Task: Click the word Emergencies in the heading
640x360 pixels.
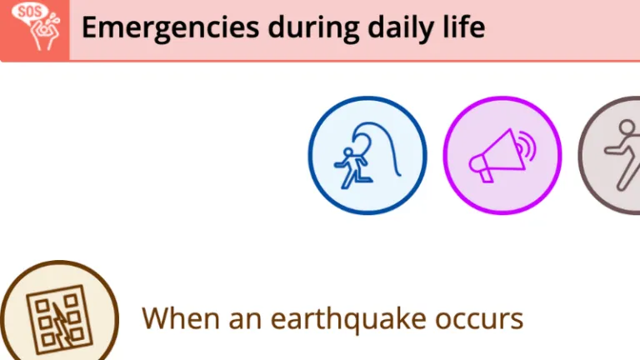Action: click(x=170, y=28)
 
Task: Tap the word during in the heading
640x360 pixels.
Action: click(x=313, y=27)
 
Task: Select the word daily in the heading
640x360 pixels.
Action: click(x=401, y=28)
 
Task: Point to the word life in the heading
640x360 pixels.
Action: click(x=464, y=27)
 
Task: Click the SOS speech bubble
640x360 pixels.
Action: click(x=29, y=13)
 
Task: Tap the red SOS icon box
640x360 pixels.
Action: click(x=35, y=30)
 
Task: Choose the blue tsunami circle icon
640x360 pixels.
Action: click(x=367, y=155)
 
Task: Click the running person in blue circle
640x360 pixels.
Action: click(x=352, y=168)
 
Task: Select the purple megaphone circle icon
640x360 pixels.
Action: click(x=502, y=155)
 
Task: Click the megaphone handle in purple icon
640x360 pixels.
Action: click(x=486, y=176)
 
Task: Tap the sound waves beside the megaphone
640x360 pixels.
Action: click(x=527, y=146)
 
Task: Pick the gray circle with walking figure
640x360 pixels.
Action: click(x=609, y=155)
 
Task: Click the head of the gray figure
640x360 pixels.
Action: click(x=627, y=127)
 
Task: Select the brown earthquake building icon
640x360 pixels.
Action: click(x=60, y=311)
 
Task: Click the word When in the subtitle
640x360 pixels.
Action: click(x=180, y=318)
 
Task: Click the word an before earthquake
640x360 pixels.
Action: click(x=245, y=320)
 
